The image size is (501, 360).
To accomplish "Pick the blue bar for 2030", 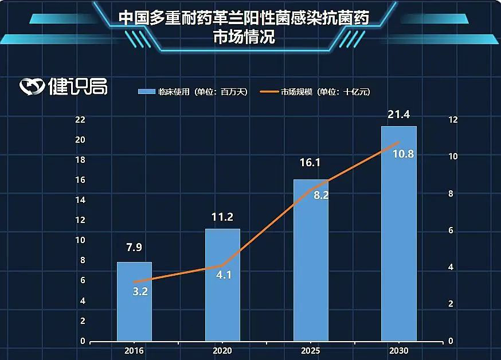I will [399, 241].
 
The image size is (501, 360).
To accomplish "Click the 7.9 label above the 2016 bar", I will [134, 248].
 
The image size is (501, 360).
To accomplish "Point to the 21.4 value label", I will [398, 115].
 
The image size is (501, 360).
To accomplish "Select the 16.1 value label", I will [310, 163].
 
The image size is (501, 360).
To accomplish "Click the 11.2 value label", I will [222, 217].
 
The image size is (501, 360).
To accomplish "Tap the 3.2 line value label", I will [140, 291].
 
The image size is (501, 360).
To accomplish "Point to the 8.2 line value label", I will [320, 195].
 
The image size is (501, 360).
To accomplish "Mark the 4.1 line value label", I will [224, 275].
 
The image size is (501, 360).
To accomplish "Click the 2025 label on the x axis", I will [310, 351].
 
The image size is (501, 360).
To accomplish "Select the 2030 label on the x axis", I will [398, 351].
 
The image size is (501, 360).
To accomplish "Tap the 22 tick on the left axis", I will [80, 120].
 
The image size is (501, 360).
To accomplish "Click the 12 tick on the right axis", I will [453, 120].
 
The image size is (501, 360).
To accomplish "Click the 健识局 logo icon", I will [32, 87].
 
